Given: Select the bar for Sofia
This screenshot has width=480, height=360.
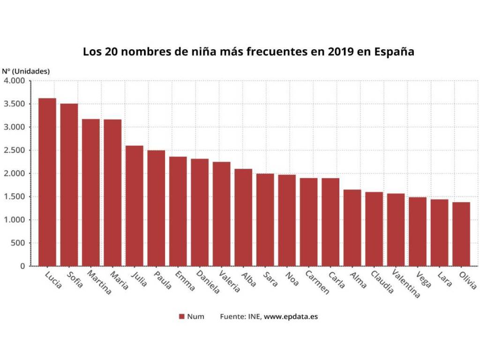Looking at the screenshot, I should pos(69,185).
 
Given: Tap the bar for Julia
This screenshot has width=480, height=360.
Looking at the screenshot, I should pos(135,206).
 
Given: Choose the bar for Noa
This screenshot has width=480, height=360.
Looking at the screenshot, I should pos(287,220).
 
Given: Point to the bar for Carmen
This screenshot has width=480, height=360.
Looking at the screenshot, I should pos(308,222).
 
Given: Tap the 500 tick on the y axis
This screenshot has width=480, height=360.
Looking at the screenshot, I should pos(17,243).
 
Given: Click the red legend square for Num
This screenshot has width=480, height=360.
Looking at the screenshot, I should pos(181,316).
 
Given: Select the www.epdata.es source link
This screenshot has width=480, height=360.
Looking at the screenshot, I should pos(291,316).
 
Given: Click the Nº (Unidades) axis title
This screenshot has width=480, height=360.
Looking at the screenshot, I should pos(26,71).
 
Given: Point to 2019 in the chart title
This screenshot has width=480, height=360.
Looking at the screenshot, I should pos(334,51).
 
